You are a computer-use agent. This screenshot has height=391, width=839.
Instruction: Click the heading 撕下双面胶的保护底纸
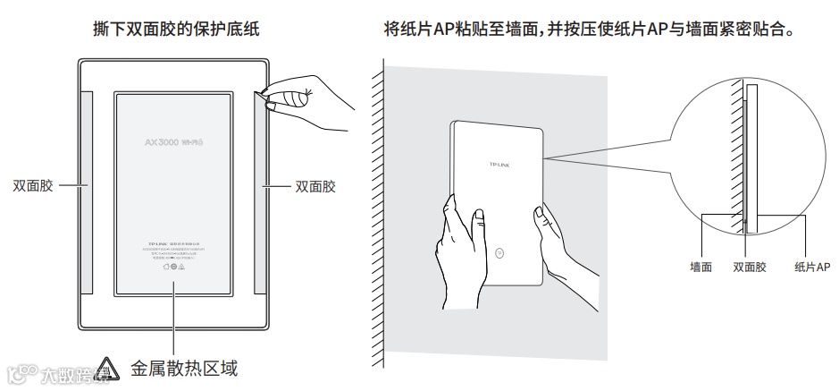[x=176, y=29]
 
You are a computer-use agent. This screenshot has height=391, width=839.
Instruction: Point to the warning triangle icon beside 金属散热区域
[x=107, y=366]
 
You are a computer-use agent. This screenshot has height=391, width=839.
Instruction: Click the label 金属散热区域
[x=184, y=367]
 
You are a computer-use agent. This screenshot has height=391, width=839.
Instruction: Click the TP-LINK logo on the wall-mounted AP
[x=501, y=165]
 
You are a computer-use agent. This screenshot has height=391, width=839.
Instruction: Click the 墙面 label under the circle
[x=701, y=267]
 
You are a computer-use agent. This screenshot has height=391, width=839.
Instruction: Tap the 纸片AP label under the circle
[x=811, y=267]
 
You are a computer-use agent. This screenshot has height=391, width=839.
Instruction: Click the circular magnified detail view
[x=751, y=143]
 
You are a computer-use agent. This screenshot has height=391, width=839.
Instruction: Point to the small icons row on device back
[x=173, y=266]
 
